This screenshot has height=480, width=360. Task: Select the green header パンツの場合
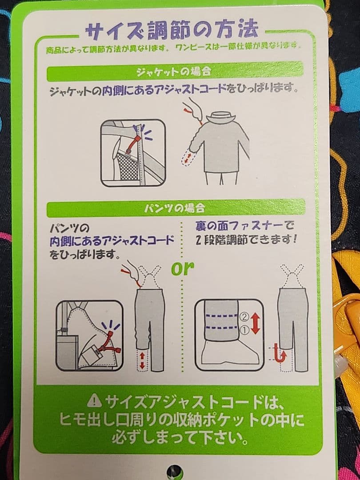click(174, 208)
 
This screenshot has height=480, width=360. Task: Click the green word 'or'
click(183, 268)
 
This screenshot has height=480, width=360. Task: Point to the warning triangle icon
click(95, 401)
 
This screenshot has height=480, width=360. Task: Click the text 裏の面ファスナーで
click(244, 226)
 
